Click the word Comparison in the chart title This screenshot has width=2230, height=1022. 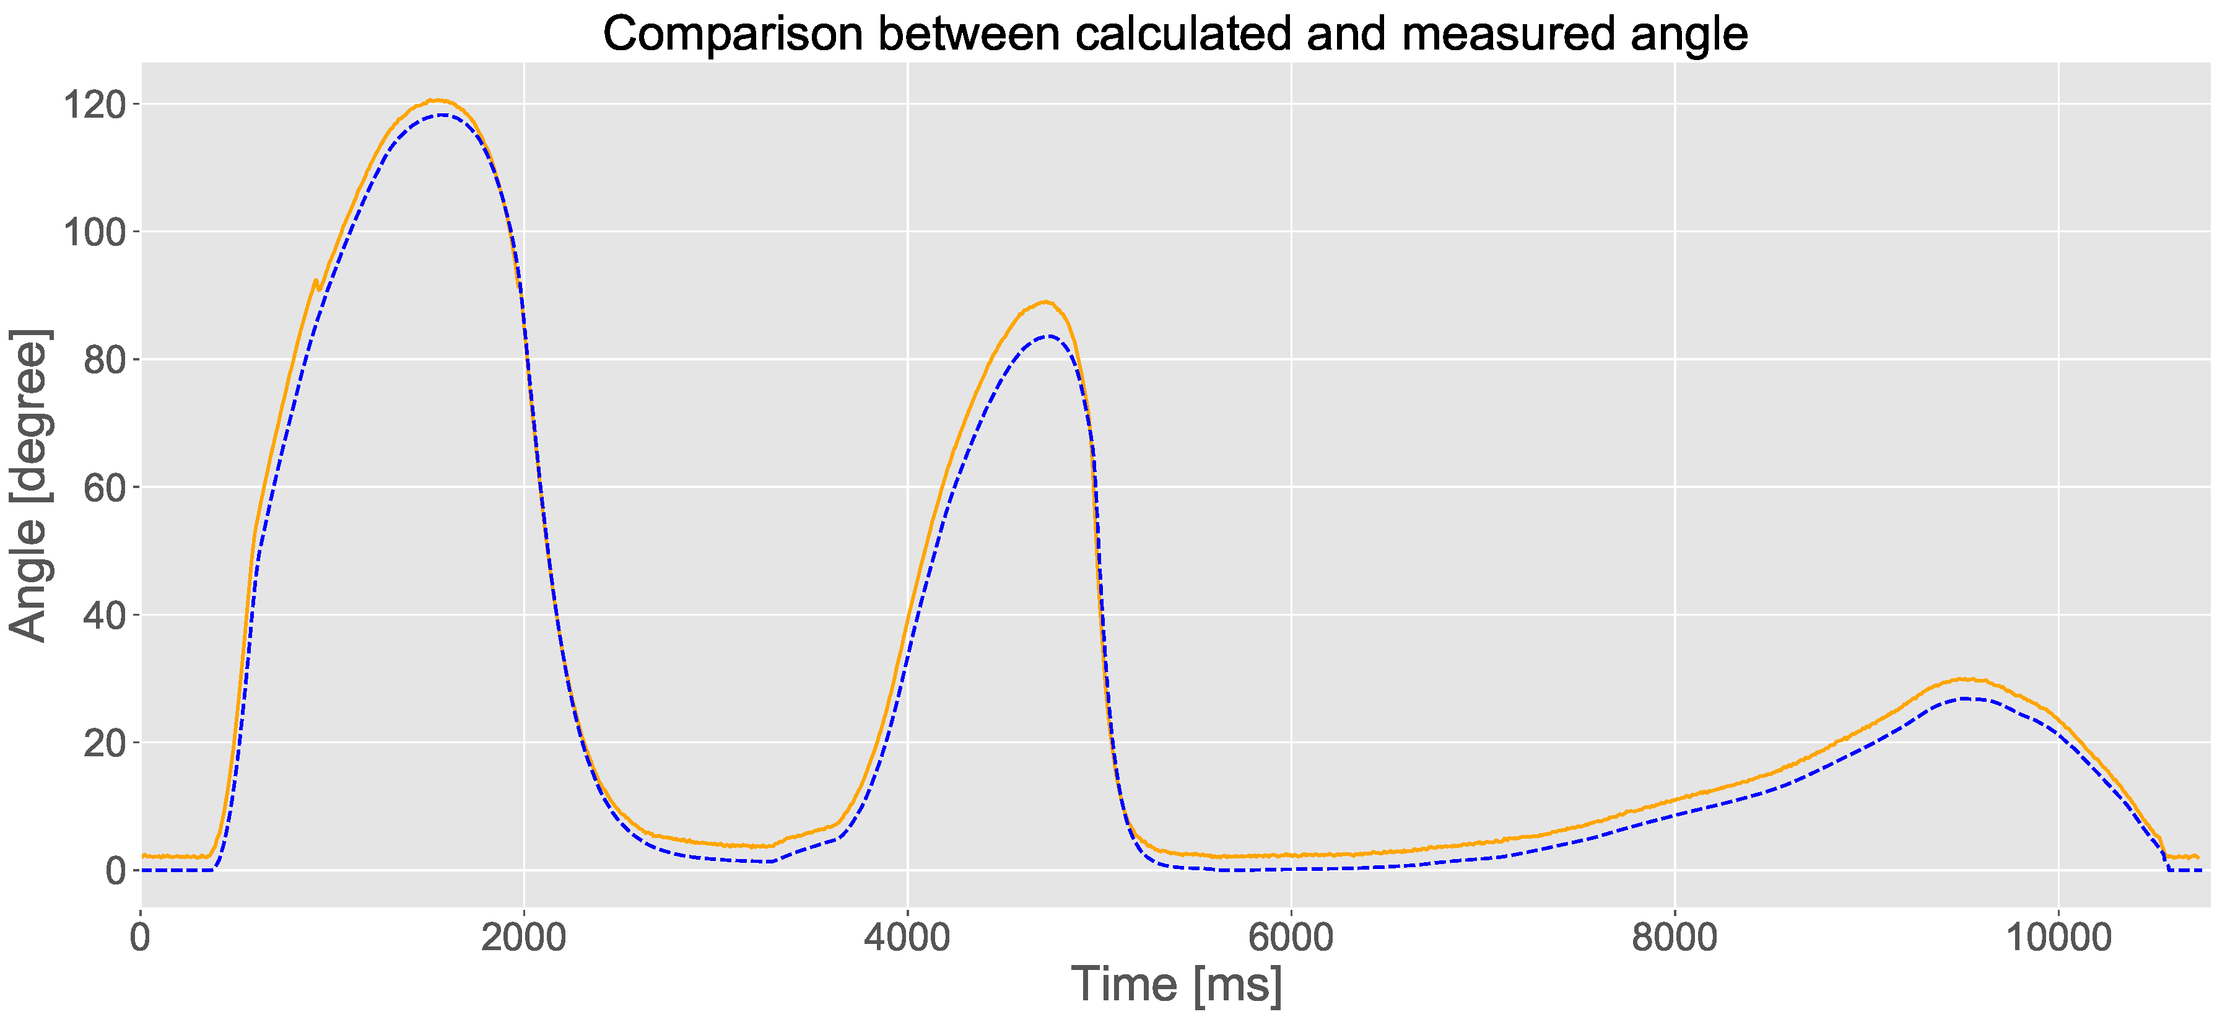click(733, 35)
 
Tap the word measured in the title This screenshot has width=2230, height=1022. click(1507, 35)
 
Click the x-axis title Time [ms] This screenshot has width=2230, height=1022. click(1177, 985)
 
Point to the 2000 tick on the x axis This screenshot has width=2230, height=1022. click(524, 938)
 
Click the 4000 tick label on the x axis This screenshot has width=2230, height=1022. click(907, 938)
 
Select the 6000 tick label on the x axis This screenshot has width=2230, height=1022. click(1291, 938)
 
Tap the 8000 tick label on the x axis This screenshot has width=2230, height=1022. click(1675, 938)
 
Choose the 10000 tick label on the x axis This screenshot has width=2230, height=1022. click(2058, 938)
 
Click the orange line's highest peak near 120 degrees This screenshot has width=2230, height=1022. click(438, 100)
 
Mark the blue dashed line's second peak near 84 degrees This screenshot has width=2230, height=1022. click(1049, 336)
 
